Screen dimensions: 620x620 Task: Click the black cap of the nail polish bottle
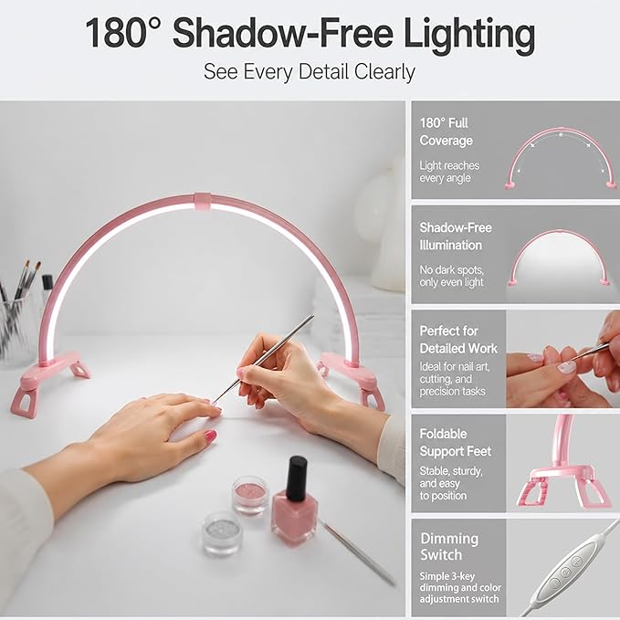pos(297,478)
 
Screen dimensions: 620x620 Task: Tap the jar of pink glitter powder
pos(250,496)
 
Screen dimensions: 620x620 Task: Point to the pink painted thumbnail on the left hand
pos(210,436)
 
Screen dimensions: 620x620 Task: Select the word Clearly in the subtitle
pos(384,72)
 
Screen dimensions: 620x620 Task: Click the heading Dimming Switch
pos(449,546)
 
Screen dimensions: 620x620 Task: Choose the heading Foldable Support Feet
pos(455,443)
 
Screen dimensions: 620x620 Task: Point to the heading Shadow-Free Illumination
pos(456,236)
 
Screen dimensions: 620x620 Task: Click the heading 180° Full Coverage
pos(446,131)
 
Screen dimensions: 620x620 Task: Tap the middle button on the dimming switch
pos(565,572)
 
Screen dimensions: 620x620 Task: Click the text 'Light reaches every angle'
pos(449,172)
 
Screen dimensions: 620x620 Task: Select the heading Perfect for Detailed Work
pos(458,340)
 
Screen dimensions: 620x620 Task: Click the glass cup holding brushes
pos(15,329)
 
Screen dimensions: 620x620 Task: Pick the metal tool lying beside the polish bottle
pos(357,552)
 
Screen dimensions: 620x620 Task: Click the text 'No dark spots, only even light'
pos(452,276)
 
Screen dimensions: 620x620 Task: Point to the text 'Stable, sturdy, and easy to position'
pos(451,483)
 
